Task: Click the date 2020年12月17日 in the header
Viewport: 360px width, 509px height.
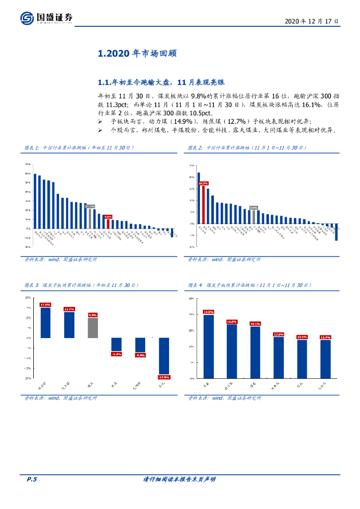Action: pos(312,22)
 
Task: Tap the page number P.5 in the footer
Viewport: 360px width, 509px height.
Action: pos(32,479)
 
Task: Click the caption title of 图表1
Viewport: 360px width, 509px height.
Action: pos(79,148)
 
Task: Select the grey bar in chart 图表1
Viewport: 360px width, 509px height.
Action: pos(90,218)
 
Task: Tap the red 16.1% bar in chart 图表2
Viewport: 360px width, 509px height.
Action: pos(203,204)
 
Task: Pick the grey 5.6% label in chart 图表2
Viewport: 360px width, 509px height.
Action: pos(254,208)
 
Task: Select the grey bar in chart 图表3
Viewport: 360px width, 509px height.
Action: pos(92,328)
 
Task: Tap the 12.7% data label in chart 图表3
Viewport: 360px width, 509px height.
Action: pos(69,309)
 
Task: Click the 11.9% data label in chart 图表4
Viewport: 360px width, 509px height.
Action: pos(326,338)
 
